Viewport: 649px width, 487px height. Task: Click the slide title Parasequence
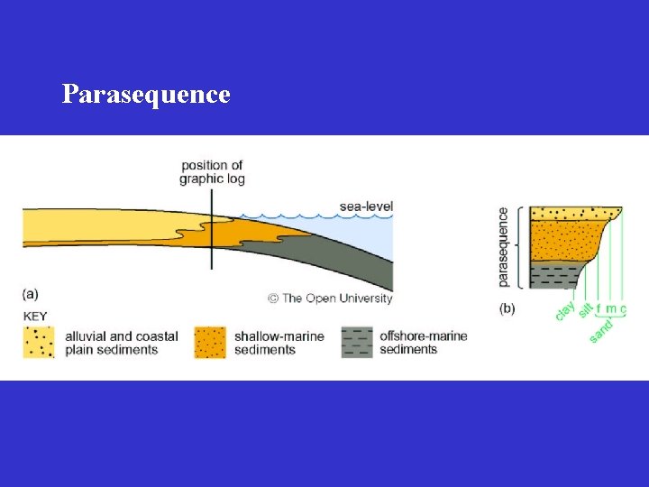(146, 94)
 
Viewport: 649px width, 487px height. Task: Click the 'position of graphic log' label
(212, 171)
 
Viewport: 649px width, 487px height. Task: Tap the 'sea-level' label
(366, 207)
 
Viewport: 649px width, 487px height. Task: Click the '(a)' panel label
(32, 293)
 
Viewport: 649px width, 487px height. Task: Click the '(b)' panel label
(507, 308)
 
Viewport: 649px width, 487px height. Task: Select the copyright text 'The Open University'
(335, 298)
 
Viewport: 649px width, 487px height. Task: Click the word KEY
(36, 316)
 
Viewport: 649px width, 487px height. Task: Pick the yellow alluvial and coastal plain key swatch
(39, 342)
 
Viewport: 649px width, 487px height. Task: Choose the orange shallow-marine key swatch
(209, 342)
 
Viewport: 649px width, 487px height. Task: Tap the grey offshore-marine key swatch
(357, 342)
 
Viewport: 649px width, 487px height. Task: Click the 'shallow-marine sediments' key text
(279, 343)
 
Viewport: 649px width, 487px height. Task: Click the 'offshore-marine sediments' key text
(423, 343)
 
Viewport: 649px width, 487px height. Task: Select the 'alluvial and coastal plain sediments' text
(122, 343)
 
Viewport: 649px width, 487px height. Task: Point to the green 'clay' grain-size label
(565, 309)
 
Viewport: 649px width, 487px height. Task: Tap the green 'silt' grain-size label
(585, 309)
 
